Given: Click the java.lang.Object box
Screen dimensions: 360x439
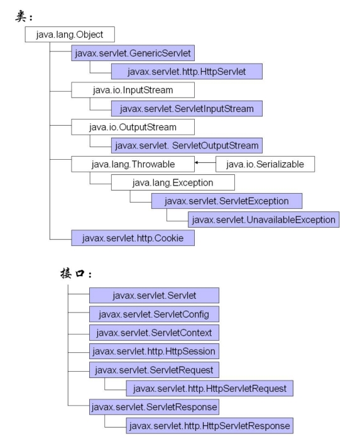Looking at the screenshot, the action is [70, 35].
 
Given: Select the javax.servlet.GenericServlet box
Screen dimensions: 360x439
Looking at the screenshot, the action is [133, 53].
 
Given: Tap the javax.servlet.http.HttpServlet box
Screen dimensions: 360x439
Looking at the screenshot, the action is [187, 72].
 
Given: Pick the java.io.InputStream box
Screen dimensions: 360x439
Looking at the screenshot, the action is [133, 90].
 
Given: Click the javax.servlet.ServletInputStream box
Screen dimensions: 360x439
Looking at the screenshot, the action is [187, 108].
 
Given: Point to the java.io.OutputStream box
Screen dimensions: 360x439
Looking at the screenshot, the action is [133, 127].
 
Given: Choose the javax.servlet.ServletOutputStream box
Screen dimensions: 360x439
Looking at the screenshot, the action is [187, 145].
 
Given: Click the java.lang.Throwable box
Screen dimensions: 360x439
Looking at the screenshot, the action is [133, 164].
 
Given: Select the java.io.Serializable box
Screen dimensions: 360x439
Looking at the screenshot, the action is [265, 164].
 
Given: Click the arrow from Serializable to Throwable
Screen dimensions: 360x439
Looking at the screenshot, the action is [205, 162].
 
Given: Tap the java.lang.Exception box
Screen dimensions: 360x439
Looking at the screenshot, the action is [173, 182].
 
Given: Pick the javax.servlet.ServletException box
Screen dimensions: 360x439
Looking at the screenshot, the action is [227, 201].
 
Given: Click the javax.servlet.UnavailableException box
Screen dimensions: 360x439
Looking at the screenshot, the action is [264, 219].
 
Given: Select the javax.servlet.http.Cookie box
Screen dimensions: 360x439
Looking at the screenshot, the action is [133, 238].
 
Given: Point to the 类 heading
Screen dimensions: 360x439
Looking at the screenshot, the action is [24, 16].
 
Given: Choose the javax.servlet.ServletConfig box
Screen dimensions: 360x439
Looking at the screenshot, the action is [154, 314].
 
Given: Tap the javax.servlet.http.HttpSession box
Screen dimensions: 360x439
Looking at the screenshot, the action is [154, 351].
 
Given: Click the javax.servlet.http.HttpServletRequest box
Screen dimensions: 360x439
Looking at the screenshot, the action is [209, 388].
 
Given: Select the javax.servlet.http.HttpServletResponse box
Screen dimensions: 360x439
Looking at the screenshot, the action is [209, 426].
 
